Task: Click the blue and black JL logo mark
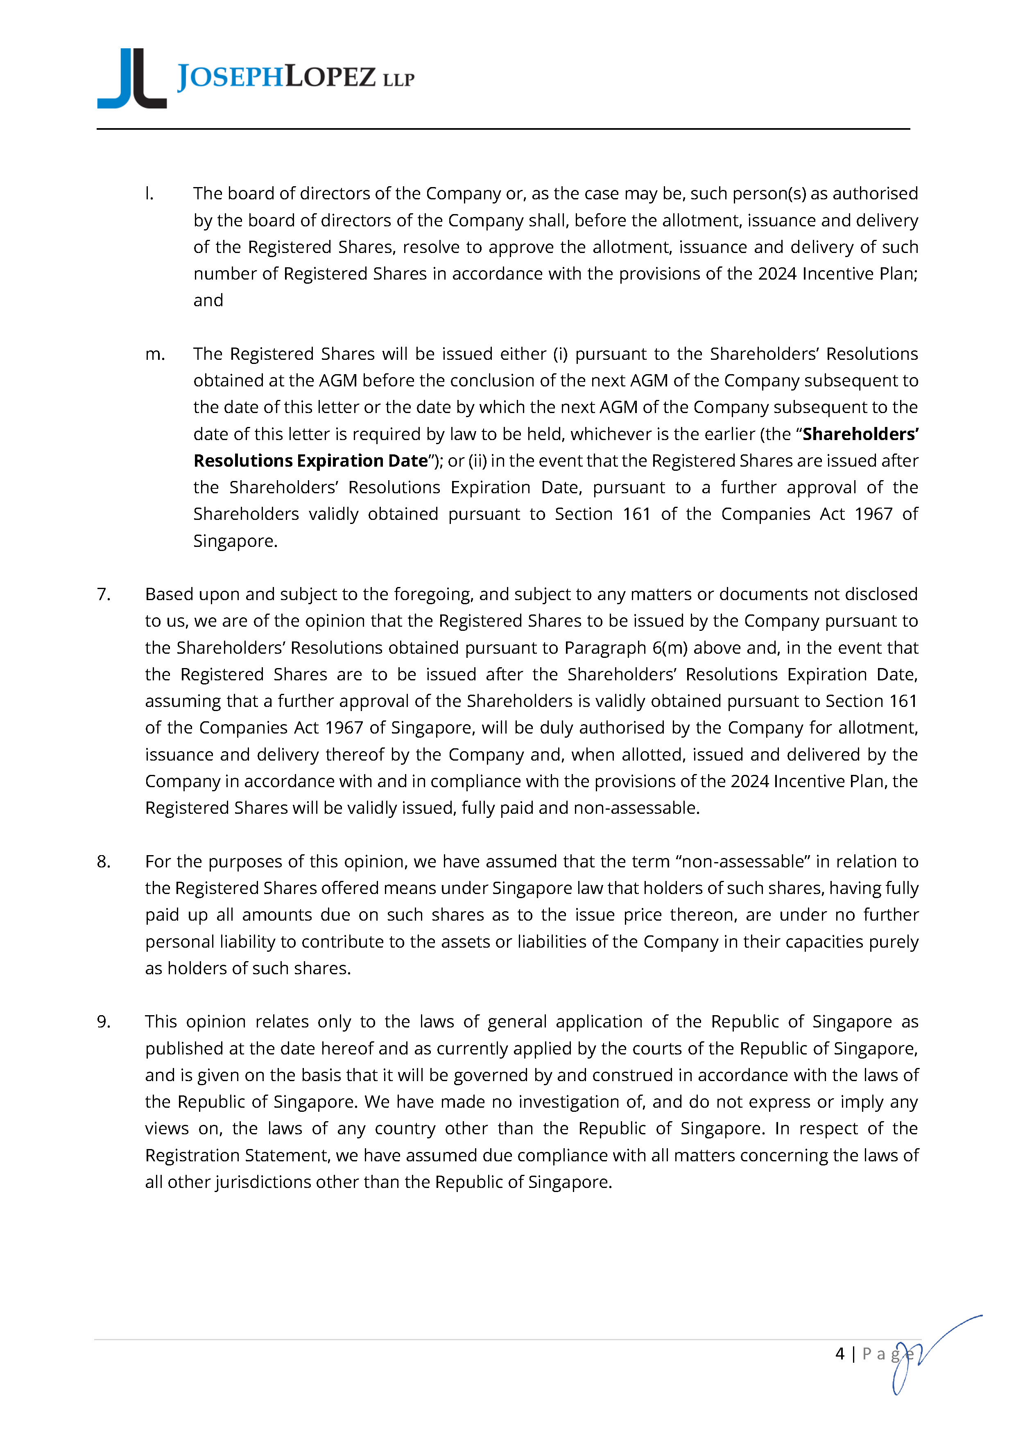point(132,79)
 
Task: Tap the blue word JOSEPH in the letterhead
point(230,77)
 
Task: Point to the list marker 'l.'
point(149,194)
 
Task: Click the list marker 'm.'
point(154,354)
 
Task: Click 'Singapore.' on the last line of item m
point(235,541)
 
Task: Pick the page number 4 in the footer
point(840,1354)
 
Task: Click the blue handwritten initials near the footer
point(926,1351)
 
